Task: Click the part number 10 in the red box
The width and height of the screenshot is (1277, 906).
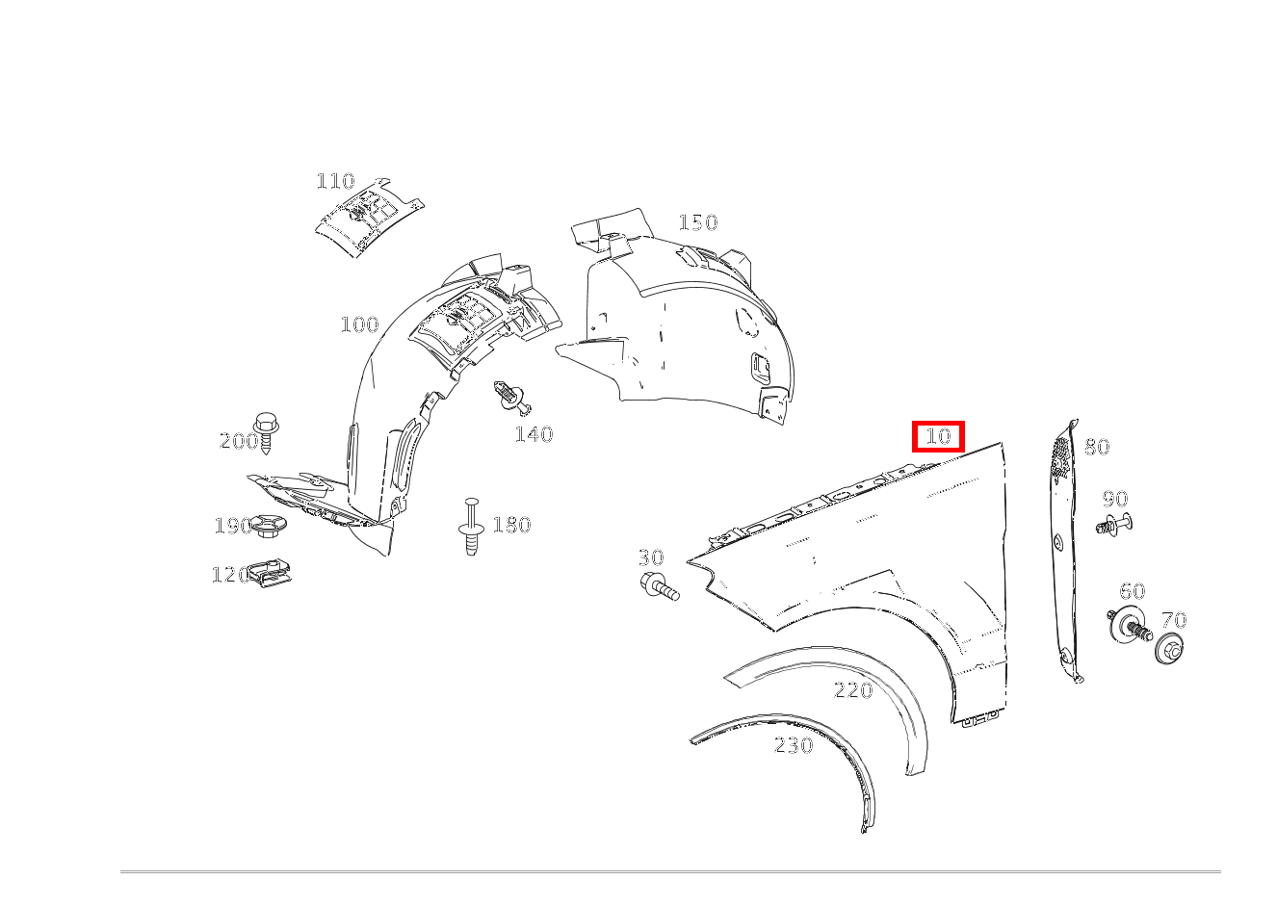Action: pos(938,436)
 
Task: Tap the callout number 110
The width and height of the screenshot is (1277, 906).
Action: pos(335,181)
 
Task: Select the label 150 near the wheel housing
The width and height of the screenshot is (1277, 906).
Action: pos(698,222)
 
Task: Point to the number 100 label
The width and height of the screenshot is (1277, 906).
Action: pos(359,324)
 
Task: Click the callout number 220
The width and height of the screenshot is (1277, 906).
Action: pos(853,690)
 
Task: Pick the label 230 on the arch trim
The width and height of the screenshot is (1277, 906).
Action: pos(794,745)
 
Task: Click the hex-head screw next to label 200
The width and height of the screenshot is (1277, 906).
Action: pos(266,432)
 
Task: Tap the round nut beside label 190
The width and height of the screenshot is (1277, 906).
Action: pos(268,525)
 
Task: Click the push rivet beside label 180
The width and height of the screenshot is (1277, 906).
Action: pos(471,526)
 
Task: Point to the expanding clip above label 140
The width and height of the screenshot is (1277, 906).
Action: pos(512,398)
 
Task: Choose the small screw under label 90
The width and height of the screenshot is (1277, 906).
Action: pos(1114,524)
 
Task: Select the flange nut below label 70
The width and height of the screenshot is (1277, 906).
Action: pos(1170,648)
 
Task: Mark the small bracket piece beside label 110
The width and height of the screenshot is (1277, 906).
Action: pos(370,218)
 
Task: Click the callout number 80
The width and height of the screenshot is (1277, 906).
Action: pos(1097,447)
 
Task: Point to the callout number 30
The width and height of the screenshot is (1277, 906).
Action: pos(650,557)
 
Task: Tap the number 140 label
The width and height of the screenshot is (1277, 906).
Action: pos(534,435)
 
